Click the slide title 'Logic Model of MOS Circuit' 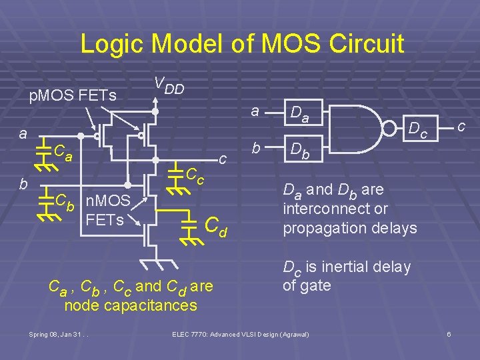coord(242,44)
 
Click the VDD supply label coord(169,85)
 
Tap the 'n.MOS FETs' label coord(111,209)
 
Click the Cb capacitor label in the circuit coord(65,199)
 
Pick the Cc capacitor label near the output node coord(194,176)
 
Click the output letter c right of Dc coord(461,125)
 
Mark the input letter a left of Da coord(255,112)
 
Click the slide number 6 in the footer coord(449,333)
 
